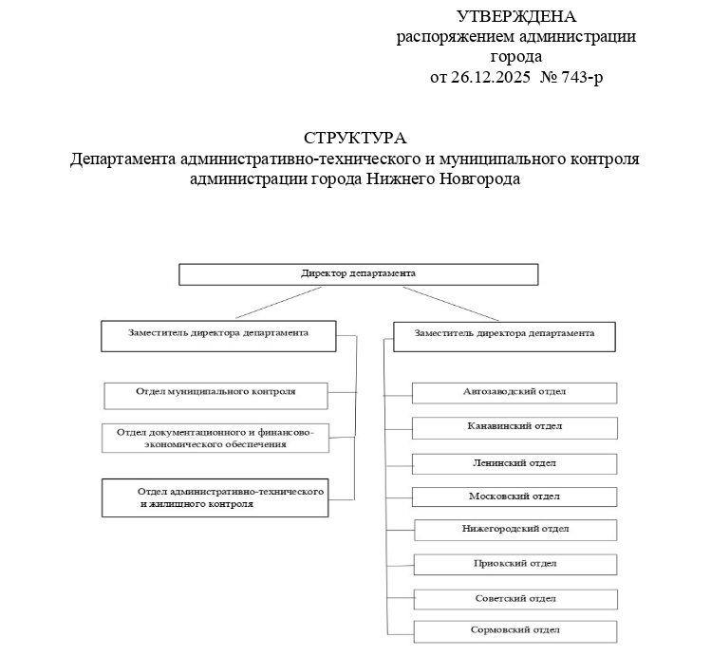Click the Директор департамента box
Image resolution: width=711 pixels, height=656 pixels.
[x=359, y=273]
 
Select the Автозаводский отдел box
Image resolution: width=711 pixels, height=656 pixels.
[x=515, y=392]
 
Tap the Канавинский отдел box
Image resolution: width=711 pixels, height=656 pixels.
[x=515, y=427]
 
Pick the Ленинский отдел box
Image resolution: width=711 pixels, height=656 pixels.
[x=515, y=463]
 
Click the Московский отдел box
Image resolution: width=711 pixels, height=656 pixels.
[x=515, y=497]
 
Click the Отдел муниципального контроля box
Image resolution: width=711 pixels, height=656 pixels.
[x=215, y=393]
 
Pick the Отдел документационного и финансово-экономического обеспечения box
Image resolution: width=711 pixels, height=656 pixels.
[x=215, y=438]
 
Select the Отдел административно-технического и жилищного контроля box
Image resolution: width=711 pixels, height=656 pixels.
[x=215, y=497]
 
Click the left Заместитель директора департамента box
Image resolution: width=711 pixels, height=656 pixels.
[x=219, y=335]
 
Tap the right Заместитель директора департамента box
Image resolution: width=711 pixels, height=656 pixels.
[x=504, y=336]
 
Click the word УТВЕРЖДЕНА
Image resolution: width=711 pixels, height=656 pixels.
[x=516, y=16]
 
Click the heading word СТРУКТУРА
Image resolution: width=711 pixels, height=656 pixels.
[x=355, y=139]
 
